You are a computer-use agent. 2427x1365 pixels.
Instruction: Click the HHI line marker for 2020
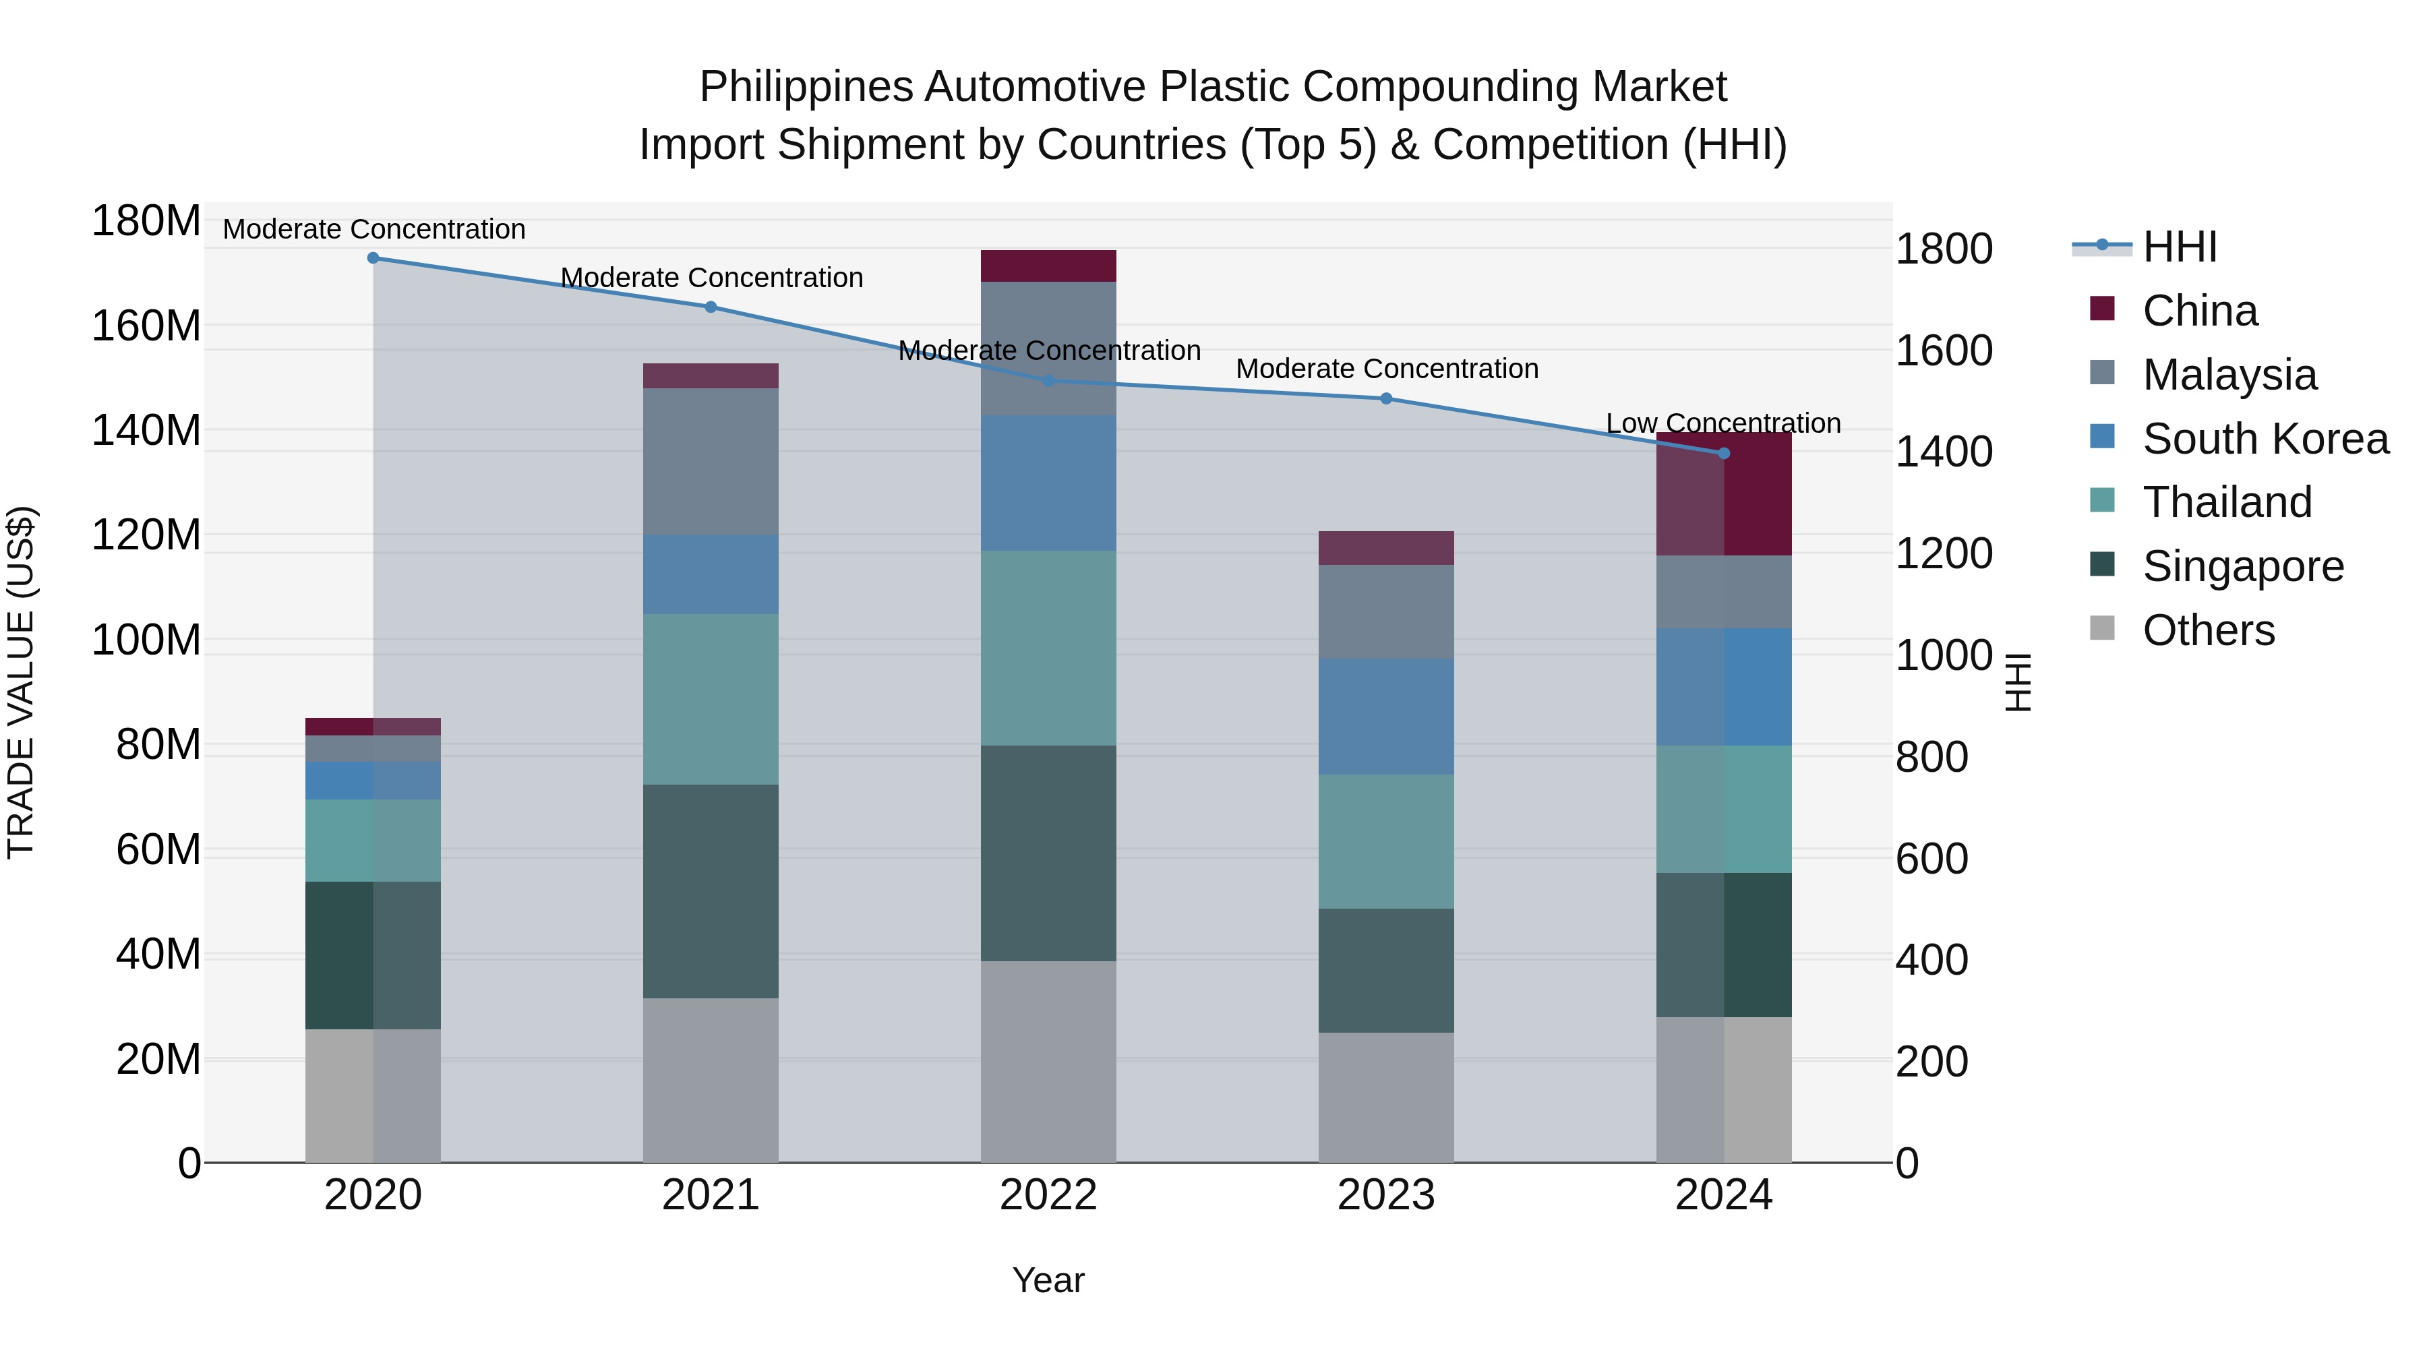click(373, 258)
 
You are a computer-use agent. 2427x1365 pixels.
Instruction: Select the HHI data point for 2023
click(1386, 398)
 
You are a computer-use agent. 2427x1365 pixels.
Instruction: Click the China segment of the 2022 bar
click(1048, 266)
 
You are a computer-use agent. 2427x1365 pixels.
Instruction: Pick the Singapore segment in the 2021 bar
click(711, 890)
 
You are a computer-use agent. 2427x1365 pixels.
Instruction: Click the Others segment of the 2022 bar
click(1048, 1062)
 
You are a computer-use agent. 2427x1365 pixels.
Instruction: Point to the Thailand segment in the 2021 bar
click(711, 699)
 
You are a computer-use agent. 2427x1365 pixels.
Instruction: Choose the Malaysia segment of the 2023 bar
click(1386, 611)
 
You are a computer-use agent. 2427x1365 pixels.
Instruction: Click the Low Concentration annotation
click(1722, 424)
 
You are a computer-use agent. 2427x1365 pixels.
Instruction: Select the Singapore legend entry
click(2242, 566)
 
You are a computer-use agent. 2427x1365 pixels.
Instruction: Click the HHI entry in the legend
click(2178, 248)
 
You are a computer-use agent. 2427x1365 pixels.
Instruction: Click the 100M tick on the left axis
click(146, 640)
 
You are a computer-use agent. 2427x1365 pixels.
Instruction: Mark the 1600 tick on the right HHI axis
click(1943, 351)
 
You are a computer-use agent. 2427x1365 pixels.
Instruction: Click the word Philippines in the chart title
click(806, 87)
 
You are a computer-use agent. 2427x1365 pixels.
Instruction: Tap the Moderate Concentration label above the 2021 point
click(711, 278)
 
